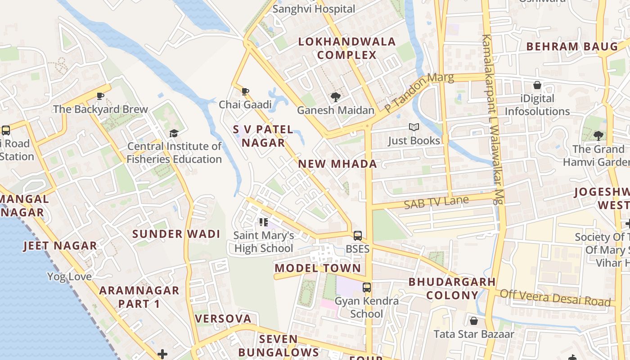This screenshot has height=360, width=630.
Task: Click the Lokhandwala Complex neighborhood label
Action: (347, 49)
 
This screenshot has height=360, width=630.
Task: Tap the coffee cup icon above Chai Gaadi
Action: (245, 92)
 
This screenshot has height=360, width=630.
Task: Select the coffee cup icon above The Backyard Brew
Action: (100, 96)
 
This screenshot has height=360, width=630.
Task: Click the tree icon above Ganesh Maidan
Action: (335, 97)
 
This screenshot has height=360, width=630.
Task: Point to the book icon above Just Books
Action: (414, 127)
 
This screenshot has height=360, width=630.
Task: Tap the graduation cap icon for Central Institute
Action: (174, 133)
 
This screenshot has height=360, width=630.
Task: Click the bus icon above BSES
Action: (358, 235)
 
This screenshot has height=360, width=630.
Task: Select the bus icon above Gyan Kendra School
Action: (367, 287)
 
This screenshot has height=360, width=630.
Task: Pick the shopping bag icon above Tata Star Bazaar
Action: (473, 321)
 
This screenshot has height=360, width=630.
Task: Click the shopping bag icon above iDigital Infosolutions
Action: (537, 85)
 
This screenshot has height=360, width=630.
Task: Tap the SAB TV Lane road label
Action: (436, 202)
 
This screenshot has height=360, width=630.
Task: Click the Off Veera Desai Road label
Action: (555, 297)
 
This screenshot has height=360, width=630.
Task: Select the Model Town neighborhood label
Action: (318, 268)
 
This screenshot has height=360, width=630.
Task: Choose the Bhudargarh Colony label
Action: (452, 288)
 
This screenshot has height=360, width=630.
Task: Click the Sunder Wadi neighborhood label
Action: (176, 234)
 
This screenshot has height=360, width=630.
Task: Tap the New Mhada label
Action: (337, 164)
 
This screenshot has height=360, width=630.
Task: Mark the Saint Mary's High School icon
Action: (264, 222)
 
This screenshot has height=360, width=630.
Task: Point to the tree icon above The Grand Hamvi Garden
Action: (598, 135)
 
